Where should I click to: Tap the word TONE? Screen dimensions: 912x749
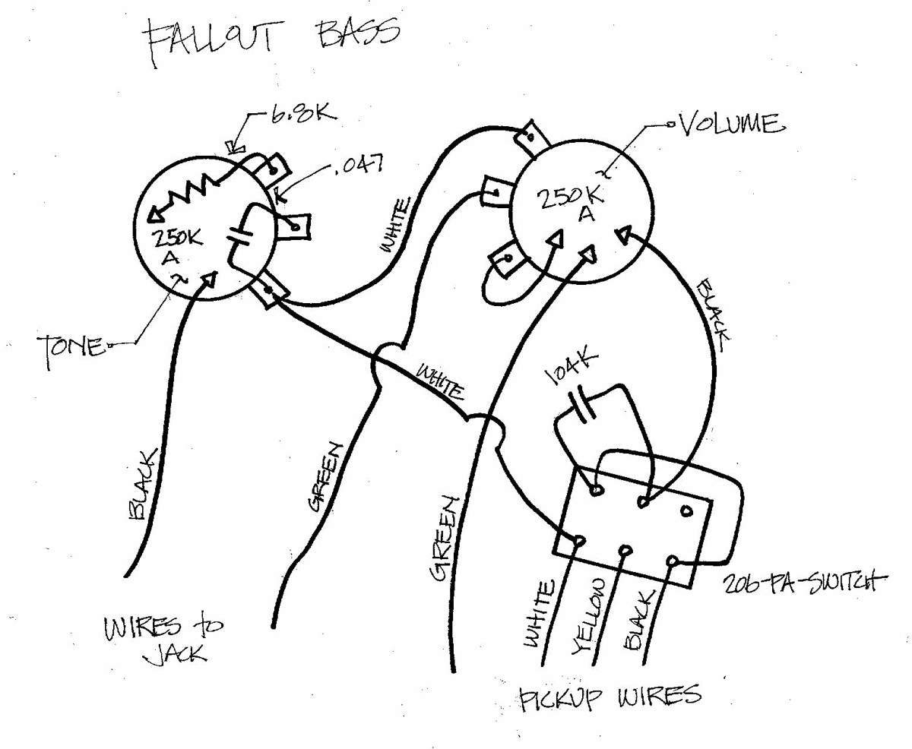(71, 349)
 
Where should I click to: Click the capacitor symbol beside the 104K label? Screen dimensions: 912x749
(581, 404)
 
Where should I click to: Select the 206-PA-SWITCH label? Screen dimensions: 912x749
(803, 583)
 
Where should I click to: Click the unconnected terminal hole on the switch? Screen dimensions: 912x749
(686, 512)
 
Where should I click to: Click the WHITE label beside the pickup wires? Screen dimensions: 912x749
(539, 614)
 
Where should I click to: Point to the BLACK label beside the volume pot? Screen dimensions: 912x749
(714, 314)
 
